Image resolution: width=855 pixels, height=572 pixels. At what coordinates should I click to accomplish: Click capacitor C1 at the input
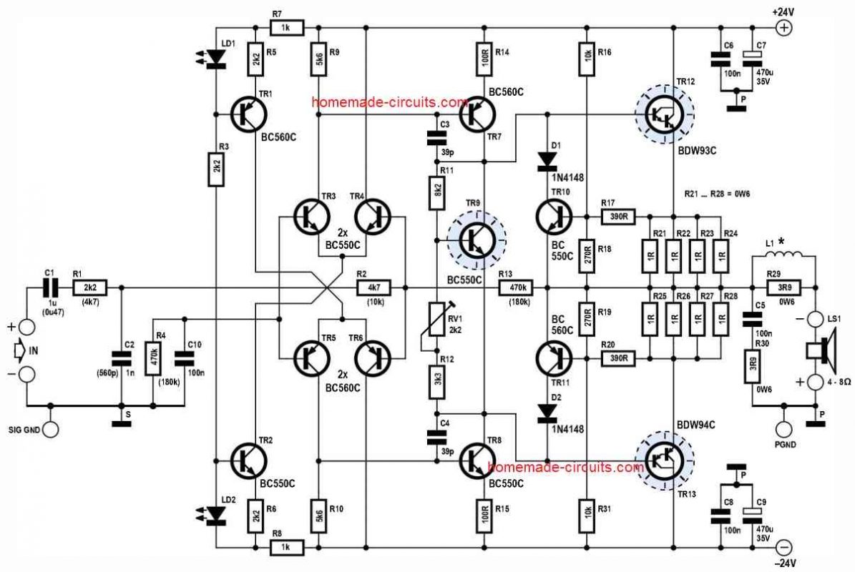[49, 287]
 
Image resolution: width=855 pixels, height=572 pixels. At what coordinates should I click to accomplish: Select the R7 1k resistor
[287, 28]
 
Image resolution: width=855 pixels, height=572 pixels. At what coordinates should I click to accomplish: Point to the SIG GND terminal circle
[49, 430]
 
